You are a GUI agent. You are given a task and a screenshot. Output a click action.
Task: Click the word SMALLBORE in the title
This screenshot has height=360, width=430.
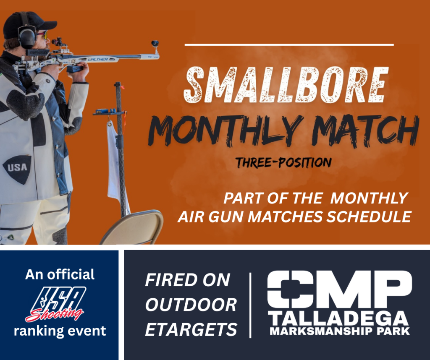(x=286, y=85)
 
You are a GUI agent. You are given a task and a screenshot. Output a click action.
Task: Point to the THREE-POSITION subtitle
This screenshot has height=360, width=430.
(x=283, y=162)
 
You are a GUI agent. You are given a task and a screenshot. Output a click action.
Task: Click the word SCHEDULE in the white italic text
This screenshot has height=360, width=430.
(x=369, y=217)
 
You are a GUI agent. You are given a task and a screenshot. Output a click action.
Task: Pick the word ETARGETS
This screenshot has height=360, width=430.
(x=191, y=329)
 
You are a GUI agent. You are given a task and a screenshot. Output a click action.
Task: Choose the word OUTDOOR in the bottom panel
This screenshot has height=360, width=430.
(x=191, y=305)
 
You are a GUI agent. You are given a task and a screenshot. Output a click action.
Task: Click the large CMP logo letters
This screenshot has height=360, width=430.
(x=339, y=290)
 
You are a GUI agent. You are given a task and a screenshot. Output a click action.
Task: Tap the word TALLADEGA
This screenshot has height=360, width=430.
(x=338, y=318)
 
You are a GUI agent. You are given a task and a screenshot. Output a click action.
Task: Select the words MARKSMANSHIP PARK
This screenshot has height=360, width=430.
(x=339, y=331)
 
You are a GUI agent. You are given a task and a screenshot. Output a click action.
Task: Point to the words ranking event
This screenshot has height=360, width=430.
(x=60, y=331)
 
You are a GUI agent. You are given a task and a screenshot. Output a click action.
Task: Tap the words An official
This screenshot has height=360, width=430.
(x=60, y=274)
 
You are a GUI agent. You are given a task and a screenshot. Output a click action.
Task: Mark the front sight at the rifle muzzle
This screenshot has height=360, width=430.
(x=155, y=44)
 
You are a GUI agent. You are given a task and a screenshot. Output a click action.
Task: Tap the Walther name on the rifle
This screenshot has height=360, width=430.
(x=98, y=59)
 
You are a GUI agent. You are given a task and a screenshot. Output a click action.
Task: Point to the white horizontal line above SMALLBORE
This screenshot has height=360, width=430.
(x=289, y=44)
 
